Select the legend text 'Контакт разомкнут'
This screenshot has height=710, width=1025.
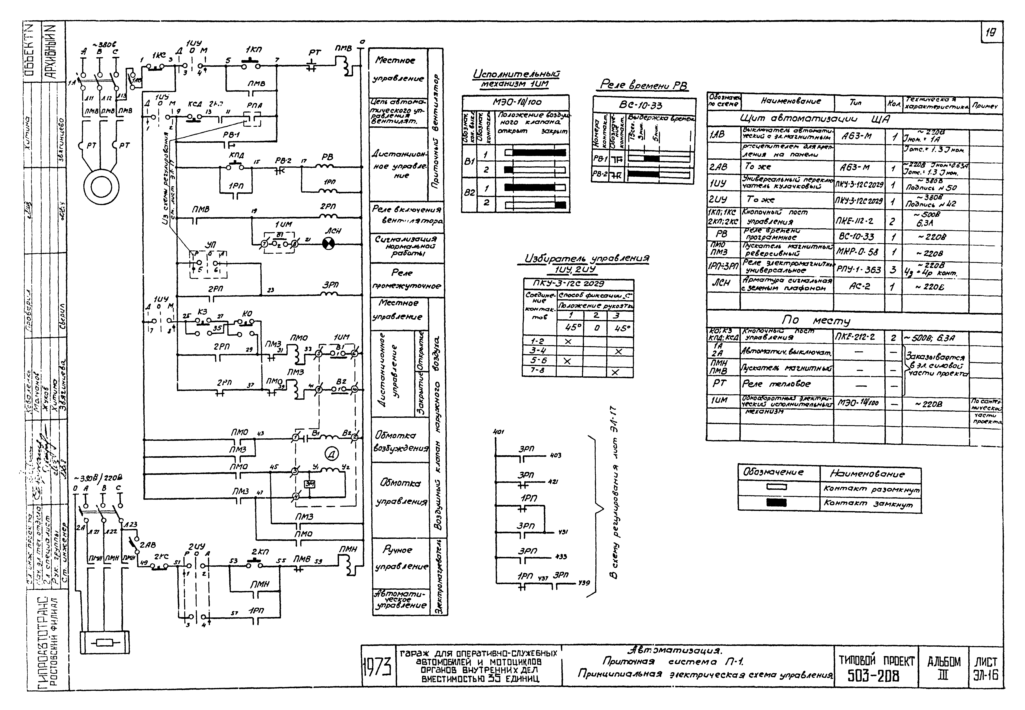(871, 488)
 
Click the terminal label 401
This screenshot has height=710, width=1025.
(499, 432)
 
